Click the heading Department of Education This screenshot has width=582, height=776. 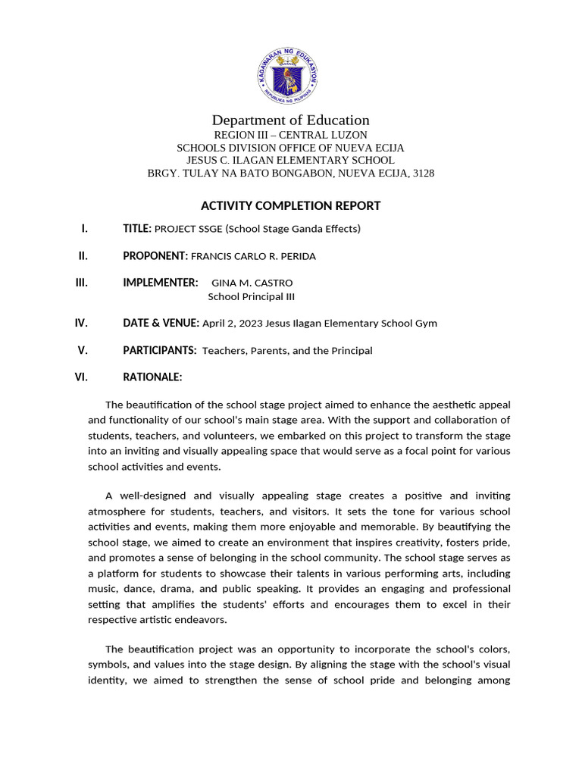290,120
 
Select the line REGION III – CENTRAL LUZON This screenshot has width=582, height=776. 290,135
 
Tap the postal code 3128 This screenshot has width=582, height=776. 421,174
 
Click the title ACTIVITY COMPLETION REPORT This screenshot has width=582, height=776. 290,205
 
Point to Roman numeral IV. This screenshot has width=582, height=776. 81,323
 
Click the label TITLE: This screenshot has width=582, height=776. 137,229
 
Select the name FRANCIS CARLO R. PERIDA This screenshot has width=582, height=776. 253,257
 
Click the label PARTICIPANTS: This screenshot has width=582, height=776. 160,351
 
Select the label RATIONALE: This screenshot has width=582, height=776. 152,377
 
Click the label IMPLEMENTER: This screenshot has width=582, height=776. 161,283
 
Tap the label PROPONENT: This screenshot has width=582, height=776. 155,257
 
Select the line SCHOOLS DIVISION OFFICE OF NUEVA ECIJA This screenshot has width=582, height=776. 290,148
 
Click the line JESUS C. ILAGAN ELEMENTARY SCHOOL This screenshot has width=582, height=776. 290,161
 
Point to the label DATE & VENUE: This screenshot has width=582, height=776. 161,324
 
